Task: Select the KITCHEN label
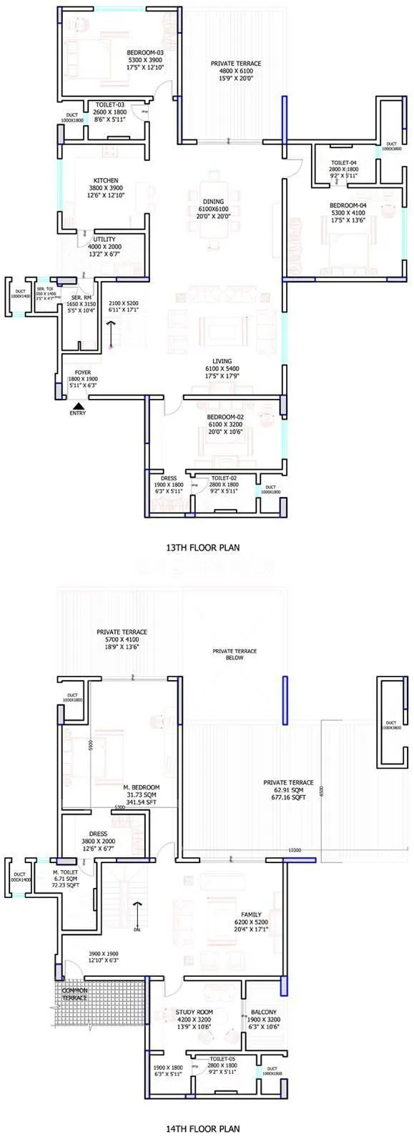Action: pyautogui.click(x=105, y=180)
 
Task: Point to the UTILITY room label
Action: pyautogui.click(x=104, y=240)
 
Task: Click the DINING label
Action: pyautogui.click(x=214, y=202)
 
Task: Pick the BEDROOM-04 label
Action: pyautogui.click(x=348, y=205)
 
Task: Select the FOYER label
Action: pyautogui.click(x=82, y=373)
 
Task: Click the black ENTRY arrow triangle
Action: pyautogui.click(x=74, y=404)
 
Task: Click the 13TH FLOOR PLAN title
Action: pyautogui.click(x=202, y=548)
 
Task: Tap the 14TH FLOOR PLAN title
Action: pyautogui.click(x=202, y=1129)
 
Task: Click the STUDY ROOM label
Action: pyautogui.click(x=195, y=1012)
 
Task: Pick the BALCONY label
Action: pyautogui.click(x=264, y=1012)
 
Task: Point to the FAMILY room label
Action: pyautogui.click(x=251, y=914)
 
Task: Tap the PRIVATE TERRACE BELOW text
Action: pyautogui.click(x=234, y=654)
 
